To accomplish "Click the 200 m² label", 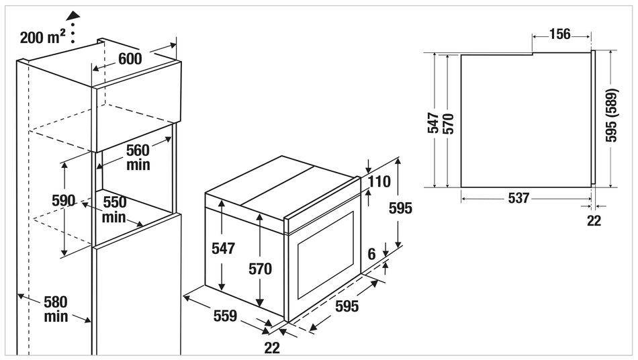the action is tap(42, 37).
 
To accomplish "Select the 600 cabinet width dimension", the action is tap(130, 58).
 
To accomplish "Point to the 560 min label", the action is tap(138, 157).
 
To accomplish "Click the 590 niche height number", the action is tap(64, 201).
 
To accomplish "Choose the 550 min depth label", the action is tap(114, 210).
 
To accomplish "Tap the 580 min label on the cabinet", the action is tap(56, 309).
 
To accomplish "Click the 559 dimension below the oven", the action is tap(225, 316).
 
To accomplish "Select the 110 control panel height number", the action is tap(379, 181).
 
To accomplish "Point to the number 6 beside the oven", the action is tap(371, 255).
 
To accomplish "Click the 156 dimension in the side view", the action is tap(560, 34).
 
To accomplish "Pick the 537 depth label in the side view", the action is tap(518, 198).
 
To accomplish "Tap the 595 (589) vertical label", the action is tap(611, 115).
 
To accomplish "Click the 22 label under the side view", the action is tap(594, 220).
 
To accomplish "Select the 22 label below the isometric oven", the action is tap(272, 348).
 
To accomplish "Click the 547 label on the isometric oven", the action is tap(224, 248).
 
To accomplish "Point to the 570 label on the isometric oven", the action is tap(261, 269).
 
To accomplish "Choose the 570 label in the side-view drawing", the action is tap(448, 124).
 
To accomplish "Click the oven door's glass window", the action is tap(326, 255).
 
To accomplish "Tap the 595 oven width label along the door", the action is tap(347, 306).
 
